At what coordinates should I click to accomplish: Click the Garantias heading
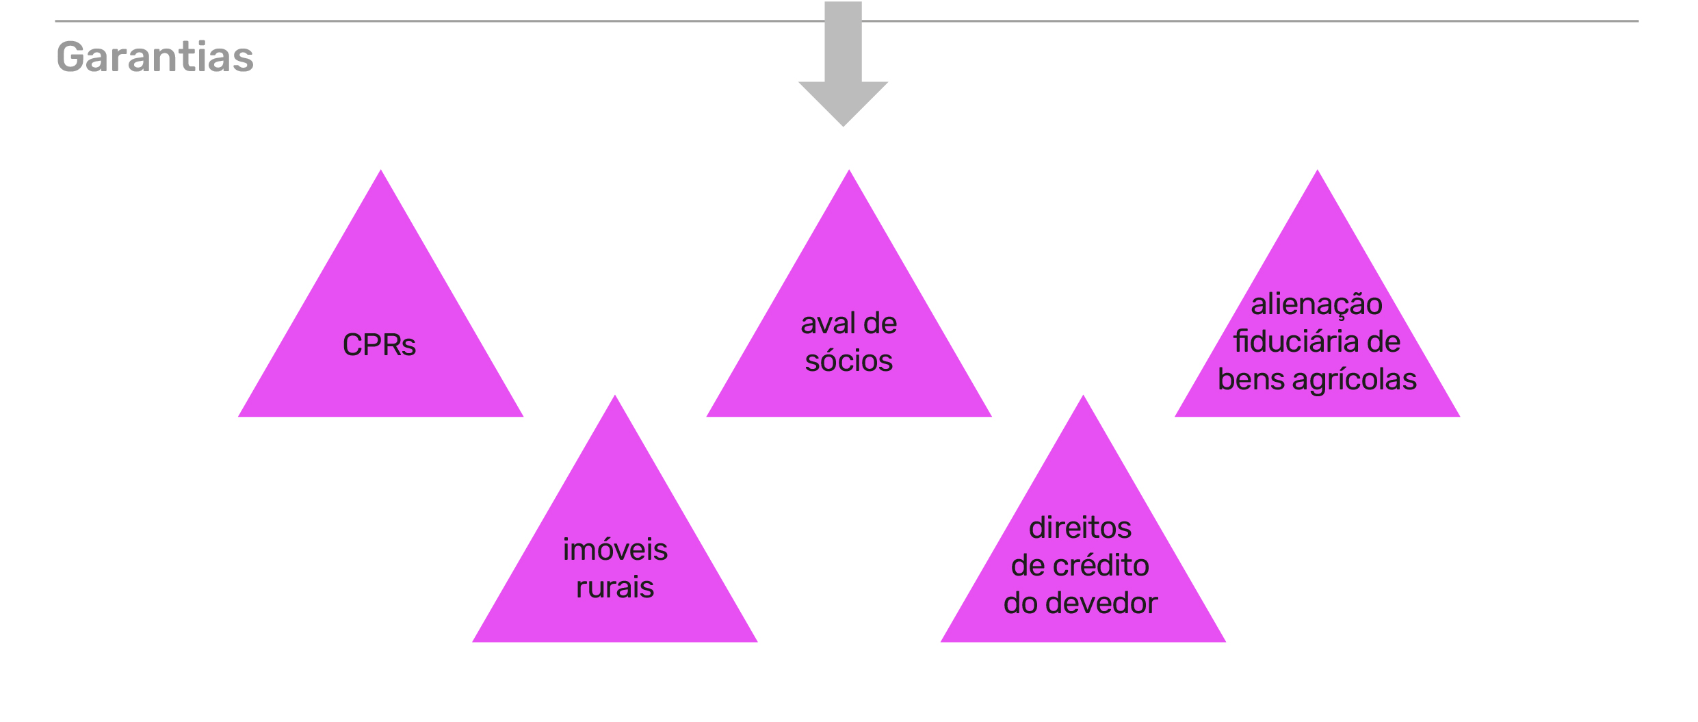coord(155,57)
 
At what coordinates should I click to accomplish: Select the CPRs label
coord(379,345)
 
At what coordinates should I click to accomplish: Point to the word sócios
coord(848,361)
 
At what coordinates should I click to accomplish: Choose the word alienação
coord(1316,305)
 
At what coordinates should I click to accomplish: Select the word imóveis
coord(615,550)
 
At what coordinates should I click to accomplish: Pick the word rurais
coord(615,588)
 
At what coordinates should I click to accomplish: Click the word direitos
coord(1080,528)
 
